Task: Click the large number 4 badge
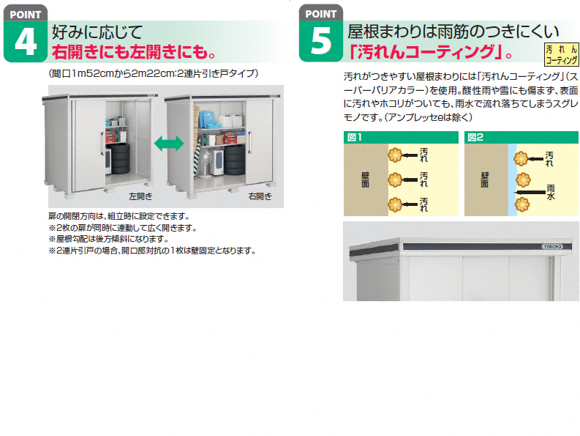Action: coord(26,41)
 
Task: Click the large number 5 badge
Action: coord(321,41)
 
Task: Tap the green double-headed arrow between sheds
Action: coord(169,144)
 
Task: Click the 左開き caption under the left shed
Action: coord(140,196)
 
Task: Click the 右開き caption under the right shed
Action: coord(260,196)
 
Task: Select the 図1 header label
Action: coord(354,138)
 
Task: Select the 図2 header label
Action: coord(475,138)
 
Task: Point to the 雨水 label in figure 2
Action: coord(551,193)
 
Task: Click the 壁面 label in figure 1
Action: coord(365,180)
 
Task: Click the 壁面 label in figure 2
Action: coord(485,180)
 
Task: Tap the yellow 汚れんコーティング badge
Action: coord(561,54)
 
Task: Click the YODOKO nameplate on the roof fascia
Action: coord(553,246)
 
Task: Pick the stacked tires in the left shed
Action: coord(120,158)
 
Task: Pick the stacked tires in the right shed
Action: coord(235,160)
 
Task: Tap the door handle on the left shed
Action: coord(103,143)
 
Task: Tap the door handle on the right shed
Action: coord(251,142)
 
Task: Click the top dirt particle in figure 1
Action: coord(395,155)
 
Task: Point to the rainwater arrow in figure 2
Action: coord(530,193)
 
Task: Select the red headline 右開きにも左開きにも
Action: coord(134,51)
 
